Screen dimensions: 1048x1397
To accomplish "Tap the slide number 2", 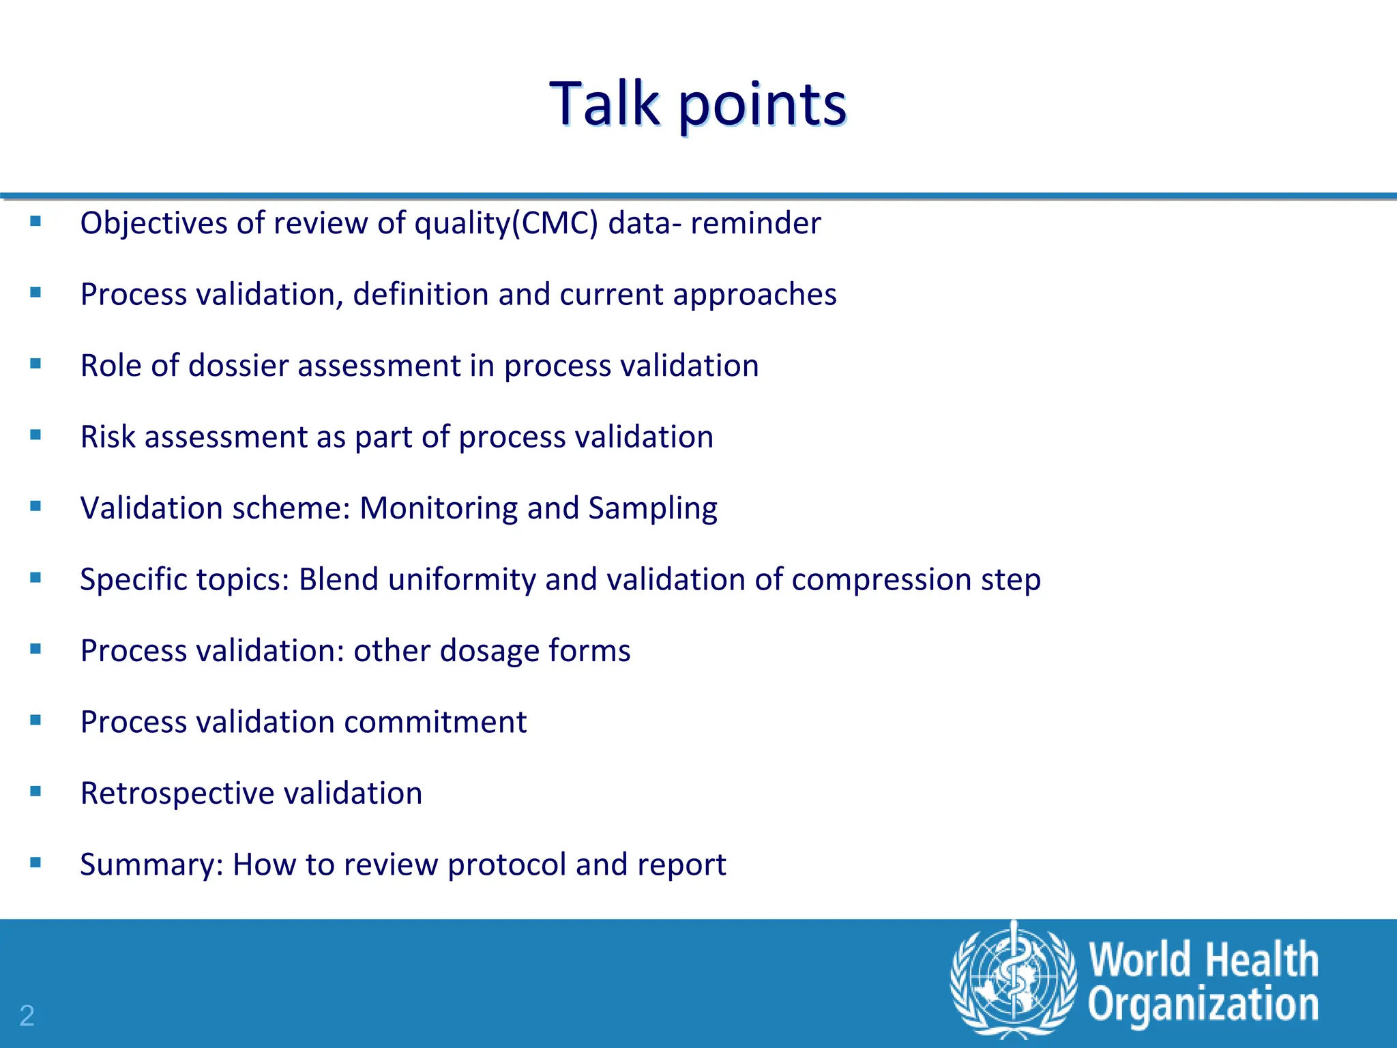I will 27,1016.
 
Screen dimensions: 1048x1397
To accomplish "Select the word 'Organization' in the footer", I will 1203,1005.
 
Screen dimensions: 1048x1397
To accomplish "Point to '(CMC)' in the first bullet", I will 555,224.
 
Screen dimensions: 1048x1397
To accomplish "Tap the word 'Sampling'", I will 652,509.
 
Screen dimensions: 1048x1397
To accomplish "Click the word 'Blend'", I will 338,580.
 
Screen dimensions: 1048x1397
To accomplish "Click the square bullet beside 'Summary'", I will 36,862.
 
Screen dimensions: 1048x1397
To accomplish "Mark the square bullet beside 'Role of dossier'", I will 36,364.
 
